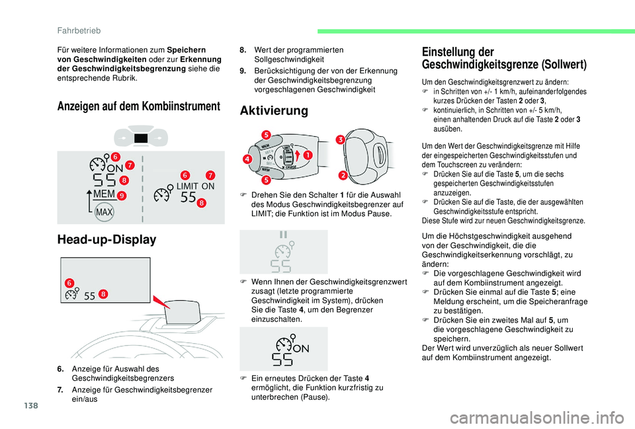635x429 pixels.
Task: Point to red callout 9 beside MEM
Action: click(123, 196)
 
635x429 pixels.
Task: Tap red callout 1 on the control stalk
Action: click(308, 155)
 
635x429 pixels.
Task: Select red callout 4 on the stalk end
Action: click(247, 159)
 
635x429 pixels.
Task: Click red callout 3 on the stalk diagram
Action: click(338, 139)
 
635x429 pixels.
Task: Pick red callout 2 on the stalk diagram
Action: click(344, 175)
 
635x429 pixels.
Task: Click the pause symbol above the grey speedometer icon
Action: click(284, 235)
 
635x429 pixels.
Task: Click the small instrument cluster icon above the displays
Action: click(140, 137)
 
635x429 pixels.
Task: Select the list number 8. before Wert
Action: click(243, 50)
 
